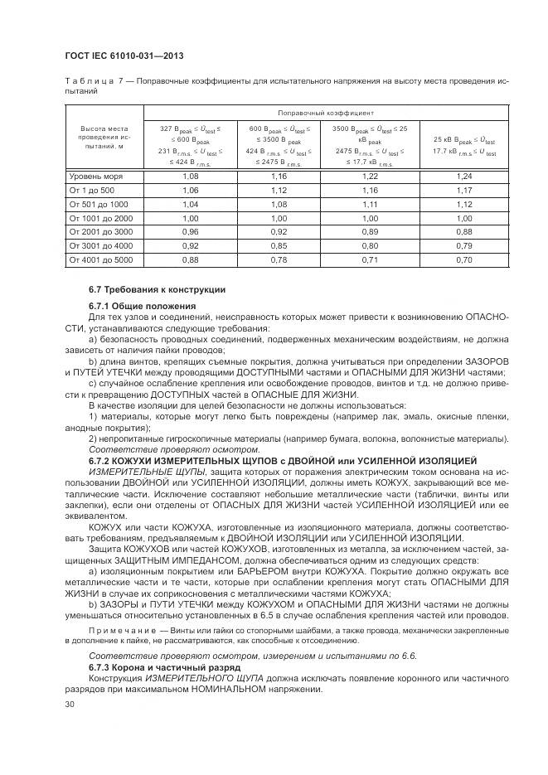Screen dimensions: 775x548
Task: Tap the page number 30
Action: (70, 705)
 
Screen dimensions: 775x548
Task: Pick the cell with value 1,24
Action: (464, 177)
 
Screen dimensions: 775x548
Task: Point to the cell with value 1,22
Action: (370, 177)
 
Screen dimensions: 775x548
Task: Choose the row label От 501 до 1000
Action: (99, 204)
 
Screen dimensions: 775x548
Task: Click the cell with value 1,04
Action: (191, 204)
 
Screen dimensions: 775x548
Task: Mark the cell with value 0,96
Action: (191, 231)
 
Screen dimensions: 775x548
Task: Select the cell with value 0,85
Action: (278, 245)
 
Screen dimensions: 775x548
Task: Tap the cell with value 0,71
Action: (370, 259)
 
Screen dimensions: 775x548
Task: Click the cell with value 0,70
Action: (464, 259)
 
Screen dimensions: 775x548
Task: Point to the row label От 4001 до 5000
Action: (101, 259)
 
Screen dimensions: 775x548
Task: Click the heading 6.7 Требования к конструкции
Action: (145, 288)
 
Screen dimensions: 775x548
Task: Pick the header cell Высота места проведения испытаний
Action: (104, 138)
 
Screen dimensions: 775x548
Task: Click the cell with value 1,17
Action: (464, 190)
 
